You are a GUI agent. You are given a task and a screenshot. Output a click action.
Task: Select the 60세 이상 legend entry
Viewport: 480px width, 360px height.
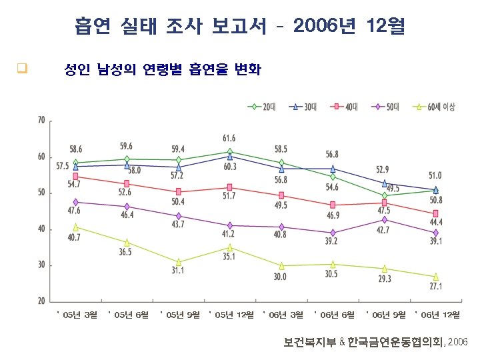tap(436, 107)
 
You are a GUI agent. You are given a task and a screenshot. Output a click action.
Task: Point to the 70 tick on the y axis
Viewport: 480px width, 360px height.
tap(41, 121)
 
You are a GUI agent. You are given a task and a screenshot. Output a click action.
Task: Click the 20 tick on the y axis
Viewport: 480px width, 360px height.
tap(41, 301)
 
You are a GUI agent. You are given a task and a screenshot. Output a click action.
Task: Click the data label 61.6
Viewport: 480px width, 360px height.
tap(229, 138)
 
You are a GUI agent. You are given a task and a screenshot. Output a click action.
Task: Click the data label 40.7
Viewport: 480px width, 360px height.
tap(73, 237)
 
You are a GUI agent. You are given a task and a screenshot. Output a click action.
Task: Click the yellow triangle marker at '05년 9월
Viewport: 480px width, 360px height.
tap(178, 262)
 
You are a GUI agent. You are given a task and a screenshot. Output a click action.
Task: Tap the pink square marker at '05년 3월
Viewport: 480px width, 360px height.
tap(75, 176)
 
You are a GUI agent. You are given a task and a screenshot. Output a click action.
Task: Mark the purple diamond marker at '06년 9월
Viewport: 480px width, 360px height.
tap(384, 219)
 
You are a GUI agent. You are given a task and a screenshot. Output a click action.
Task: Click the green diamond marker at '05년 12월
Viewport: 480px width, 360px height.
tap(229, 151)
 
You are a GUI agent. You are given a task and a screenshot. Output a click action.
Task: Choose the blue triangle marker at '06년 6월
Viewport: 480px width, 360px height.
tap(333, 169)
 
